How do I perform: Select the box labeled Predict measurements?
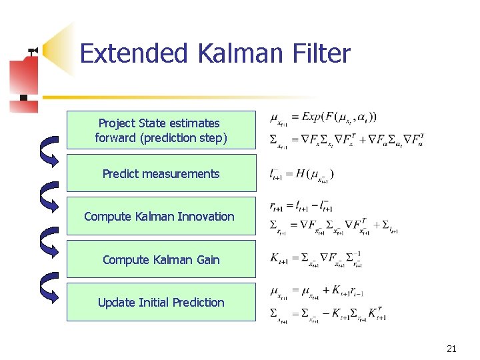(161, 173)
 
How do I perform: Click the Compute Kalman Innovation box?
(161, 216)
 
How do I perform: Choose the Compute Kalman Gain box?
(161, 259)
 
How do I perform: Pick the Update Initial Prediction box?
(161, 302)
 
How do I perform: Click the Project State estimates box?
(161, 130)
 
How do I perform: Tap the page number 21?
(451, 348)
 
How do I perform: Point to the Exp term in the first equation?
(314, 117)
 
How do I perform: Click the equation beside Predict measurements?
(301, 175)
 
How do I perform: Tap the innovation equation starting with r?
(301, 208)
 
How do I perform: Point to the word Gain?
(207, 259)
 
